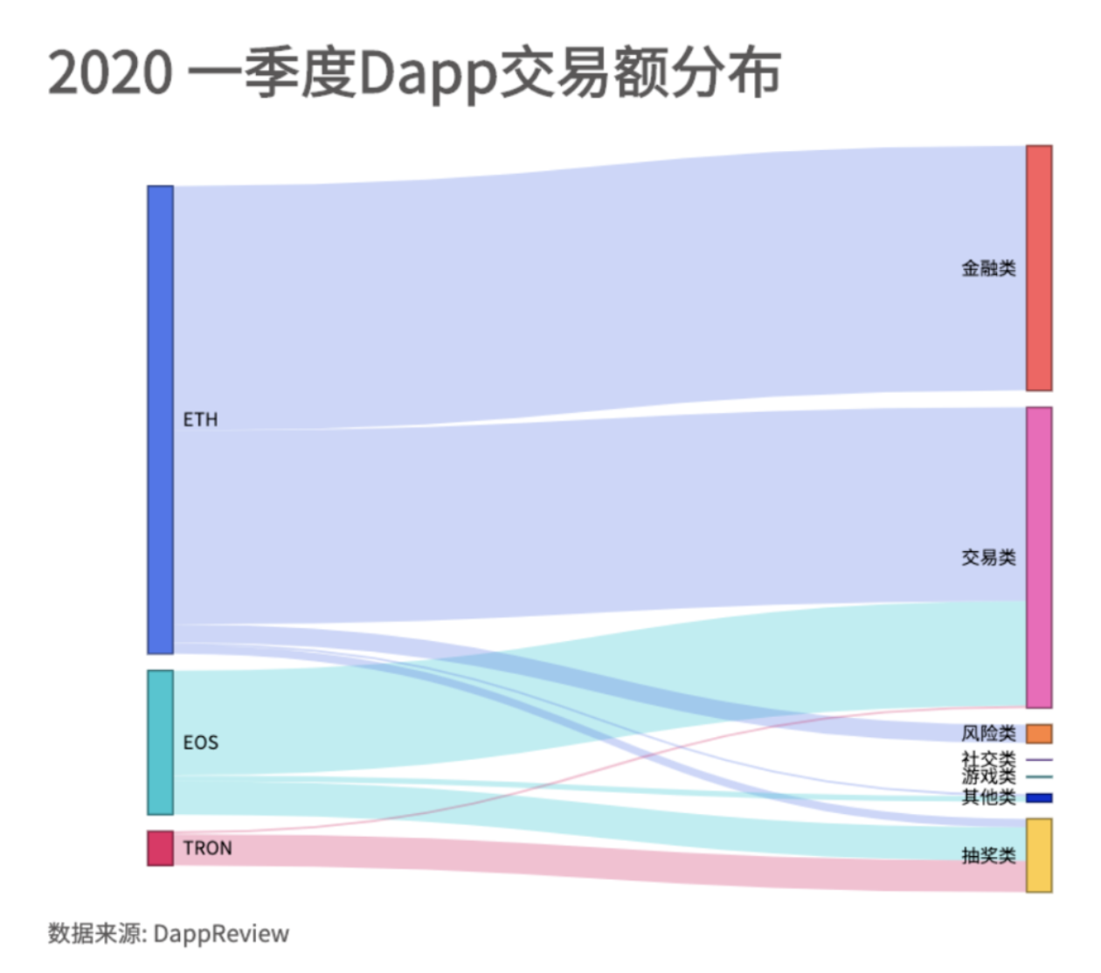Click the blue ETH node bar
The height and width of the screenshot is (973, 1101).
pyautogui.click(x=160, y=419)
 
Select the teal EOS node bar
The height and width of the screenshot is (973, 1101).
pyautogui.click(x=160, y=742)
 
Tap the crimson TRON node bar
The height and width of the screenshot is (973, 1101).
pyautogui.click(x=160, y=848)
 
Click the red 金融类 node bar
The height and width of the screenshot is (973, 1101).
pyautogui.click(x=1039, y=268)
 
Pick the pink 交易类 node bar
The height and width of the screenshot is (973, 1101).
pyautogui.click(x=1039, y=557)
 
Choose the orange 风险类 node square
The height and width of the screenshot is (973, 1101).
pyautogui.click(x=1039, y=734)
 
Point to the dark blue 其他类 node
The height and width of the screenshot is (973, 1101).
pyautogui.click(x=1039, y=797)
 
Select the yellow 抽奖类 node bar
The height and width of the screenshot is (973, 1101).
pyautogui.click(x=1039, y=855)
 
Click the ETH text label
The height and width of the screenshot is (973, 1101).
pyautogui.click(x=200, y=420)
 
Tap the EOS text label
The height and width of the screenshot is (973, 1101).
pyautogui.click(x=200, y=742)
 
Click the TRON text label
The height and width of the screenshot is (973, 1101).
pyautogui.click(x=207, y=848)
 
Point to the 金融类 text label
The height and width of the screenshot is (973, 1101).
pyautogui.click(x=988, y=268)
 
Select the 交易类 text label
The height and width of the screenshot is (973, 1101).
pyautogui.click(x=988, y=557)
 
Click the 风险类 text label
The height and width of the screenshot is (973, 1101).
pyautogui.click(x=988, y=734)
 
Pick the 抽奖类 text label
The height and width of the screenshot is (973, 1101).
pyautogui.click(x=988, y=855)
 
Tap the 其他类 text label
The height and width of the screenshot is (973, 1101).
pyautogui.click(x=988, y=797)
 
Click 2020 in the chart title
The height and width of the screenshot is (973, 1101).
pyautogui.click(x=110, y=72)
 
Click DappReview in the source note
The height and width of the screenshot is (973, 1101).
pyautogui.click(x=221, y=934)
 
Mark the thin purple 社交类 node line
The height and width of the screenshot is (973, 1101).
pyautogui.click(x=1039, y=760)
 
